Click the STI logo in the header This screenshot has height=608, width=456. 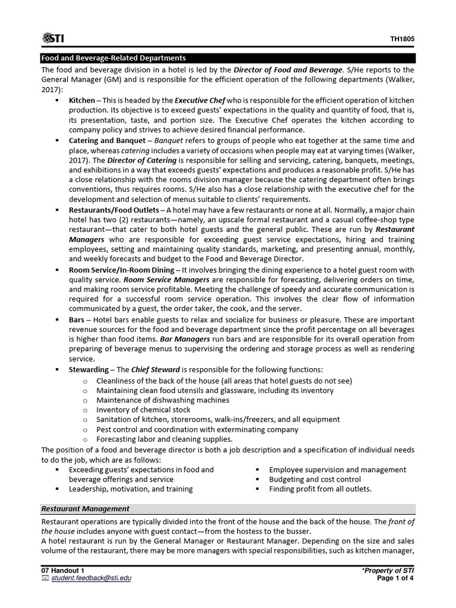tap(53, 39)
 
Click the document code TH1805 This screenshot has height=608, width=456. tap(402, 39)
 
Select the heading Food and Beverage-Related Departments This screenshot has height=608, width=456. tap(113, 58)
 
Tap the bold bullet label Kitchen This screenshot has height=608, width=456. tap(82, 100)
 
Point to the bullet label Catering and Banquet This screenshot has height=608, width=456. tap(107, 141)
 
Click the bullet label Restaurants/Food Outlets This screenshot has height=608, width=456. tap(113, 210)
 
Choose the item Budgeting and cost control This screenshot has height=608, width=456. tap(315, 479)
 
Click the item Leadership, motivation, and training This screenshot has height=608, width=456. tap(131, 489)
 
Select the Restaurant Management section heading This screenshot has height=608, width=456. tap(85, 509)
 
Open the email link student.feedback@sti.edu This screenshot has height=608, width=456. tap(90, 579)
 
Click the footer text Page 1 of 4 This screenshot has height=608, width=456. tap(395, 579)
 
